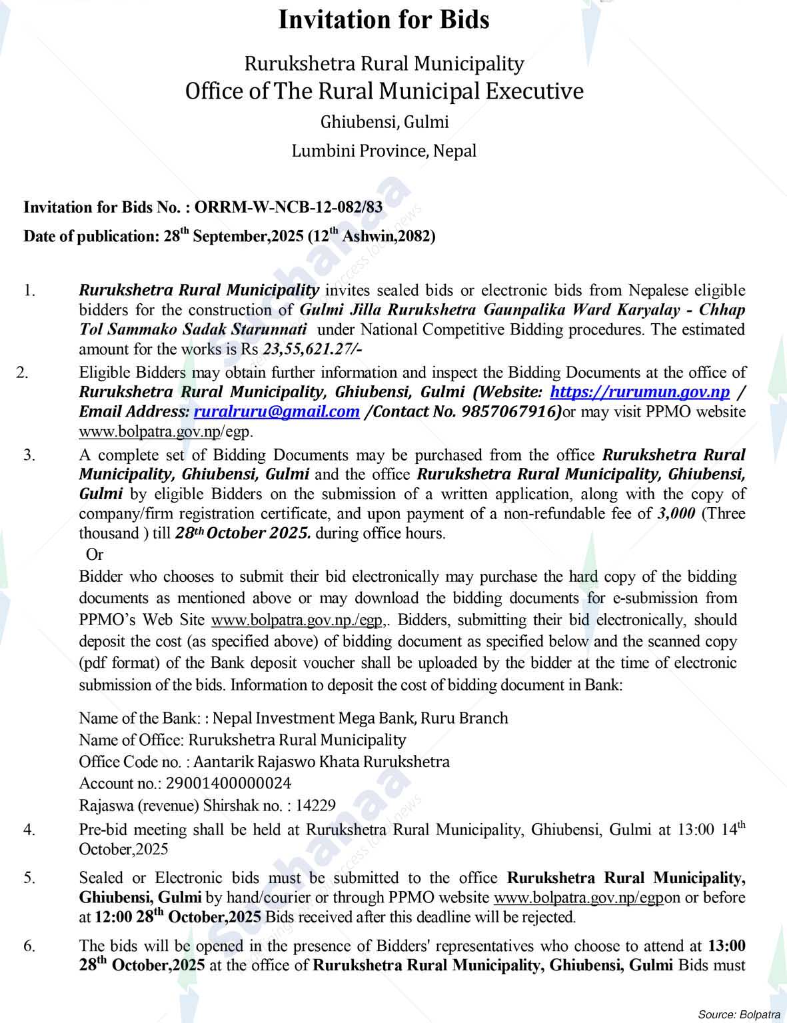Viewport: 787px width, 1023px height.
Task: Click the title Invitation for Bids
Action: click(383, 20)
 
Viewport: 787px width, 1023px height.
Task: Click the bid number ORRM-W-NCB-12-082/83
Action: click(289, 207)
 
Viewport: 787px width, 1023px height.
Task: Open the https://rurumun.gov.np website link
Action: click(640, 392)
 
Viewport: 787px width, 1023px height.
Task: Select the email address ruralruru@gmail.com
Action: click(276, 412)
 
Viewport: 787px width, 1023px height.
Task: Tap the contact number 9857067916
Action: click(496, 412)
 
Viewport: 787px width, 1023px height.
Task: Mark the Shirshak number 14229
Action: click(315, 805)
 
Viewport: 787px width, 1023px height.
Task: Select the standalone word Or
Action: click(95, 554)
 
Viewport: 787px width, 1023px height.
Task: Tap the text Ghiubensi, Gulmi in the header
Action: click(384, 122)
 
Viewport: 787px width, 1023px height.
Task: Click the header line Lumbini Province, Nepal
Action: click(384, 151)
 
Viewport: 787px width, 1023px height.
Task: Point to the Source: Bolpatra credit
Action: click(738, 1014)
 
